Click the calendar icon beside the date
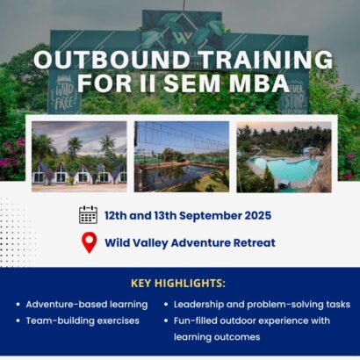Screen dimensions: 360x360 88,215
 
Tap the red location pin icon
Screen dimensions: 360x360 88,242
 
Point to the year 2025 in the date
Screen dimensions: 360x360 254,215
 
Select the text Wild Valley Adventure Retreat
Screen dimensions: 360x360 189,243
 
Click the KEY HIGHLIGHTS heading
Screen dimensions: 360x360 177,283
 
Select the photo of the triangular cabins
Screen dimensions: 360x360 79,155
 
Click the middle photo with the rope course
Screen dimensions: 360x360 180,155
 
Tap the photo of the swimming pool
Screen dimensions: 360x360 284,155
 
